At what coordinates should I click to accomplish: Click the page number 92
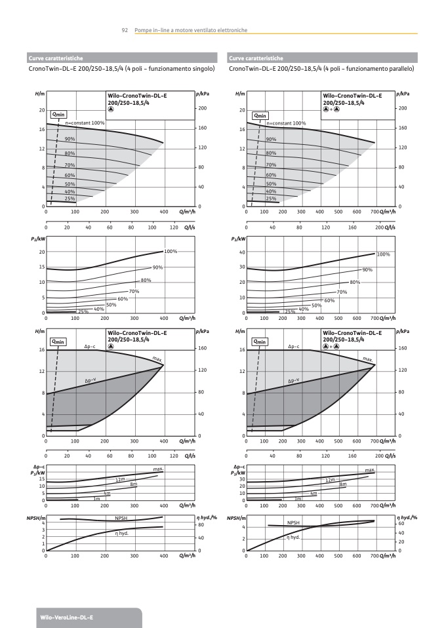tap(124, 30)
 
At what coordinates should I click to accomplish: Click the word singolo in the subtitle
tap(202, 68)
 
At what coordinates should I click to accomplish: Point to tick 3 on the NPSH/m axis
tap(43, 530)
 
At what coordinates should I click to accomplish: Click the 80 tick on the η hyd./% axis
tap(203, 525)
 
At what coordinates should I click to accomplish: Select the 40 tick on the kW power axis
tap(242, 252)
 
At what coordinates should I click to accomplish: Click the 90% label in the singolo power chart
tap(157, 267)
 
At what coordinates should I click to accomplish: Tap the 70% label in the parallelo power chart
tap(341, 292)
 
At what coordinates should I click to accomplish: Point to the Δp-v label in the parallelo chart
tap(294, 380)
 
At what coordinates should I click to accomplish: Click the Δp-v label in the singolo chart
tap(91, 380)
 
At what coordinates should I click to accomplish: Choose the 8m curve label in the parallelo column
tap(342, 484)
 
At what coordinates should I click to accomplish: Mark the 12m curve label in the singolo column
tap(120, 480)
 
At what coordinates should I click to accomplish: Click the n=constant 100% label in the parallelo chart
tap(285, 123)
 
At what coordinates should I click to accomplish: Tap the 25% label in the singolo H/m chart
tap(70, 198)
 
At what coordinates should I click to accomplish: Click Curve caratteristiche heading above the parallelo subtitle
tap(256, 58)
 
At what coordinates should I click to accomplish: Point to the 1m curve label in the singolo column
tap(96, 499)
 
